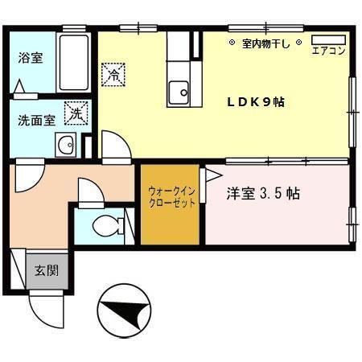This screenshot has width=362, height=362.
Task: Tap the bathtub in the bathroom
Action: tap(74, 62)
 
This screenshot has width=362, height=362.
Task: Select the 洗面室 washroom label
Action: tap(36, 120)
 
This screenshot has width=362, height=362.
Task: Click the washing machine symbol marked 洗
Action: tap(76, 114)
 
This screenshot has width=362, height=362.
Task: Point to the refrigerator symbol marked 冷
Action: tap(113, 75)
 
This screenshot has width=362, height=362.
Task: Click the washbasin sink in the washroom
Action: tap(66, 146)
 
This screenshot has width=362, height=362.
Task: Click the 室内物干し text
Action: tap(265, 43)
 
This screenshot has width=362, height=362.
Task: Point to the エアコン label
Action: tap(327, 51)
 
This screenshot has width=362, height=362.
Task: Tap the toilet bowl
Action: tap(105, 226)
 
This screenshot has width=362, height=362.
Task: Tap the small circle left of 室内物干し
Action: tap(232, 43)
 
